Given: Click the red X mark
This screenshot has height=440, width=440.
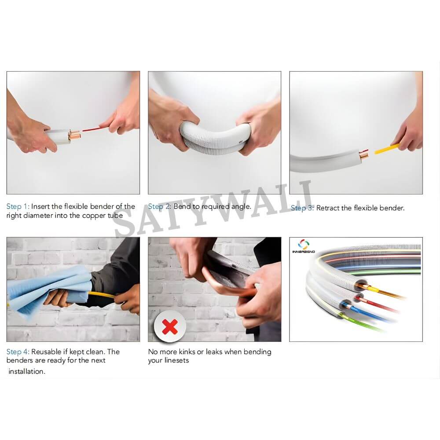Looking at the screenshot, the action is [170, 326].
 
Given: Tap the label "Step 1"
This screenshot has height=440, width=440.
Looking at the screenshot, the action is [17, 206].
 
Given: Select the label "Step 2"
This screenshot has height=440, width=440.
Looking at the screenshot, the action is [158, 206].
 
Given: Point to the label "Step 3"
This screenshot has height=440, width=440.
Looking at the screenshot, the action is [301, 208].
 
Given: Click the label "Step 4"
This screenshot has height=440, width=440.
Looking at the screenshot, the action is [17, 352].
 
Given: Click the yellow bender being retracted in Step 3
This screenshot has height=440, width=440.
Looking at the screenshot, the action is [387, 149].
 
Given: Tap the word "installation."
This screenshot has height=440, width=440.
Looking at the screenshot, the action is [27, 371].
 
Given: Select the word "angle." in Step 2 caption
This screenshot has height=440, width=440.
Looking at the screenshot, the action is [241, 207].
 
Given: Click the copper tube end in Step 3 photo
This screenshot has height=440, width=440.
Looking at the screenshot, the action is [364, 155].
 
